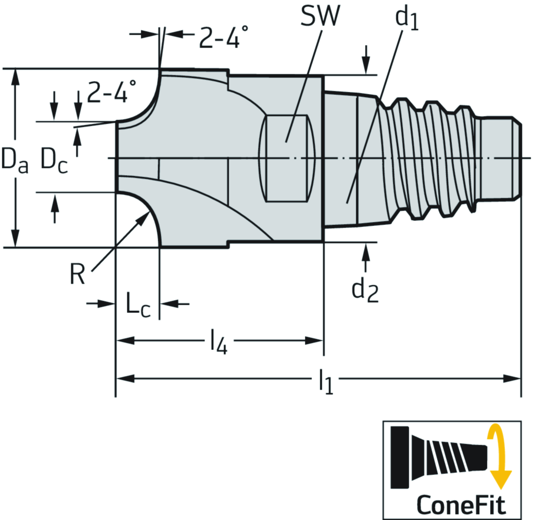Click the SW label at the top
coord(320,16)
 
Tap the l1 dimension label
coord(326,381)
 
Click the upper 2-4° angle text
coord(223,37)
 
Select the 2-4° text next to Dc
coord(111,91)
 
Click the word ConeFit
coord(461,505)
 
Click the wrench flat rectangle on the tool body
coord(287,158)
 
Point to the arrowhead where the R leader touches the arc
coord(144,216)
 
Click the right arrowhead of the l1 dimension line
coord(513,378)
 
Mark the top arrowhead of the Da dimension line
coord(15,77)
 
